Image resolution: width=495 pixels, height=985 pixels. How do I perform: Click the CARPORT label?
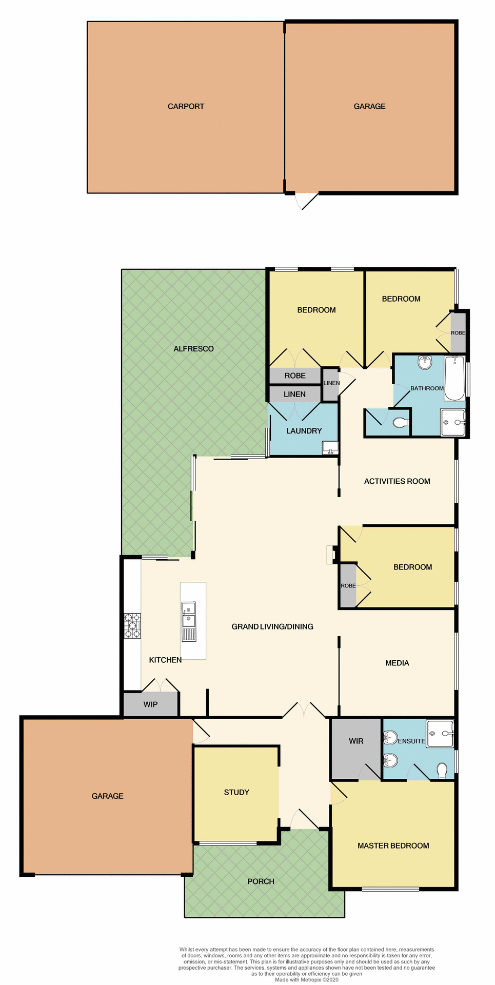coord(186,107)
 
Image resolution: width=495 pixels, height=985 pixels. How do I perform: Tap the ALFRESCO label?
coord(193,349)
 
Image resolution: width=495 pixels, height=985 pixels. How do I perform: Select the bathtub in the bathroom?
coord(454,378)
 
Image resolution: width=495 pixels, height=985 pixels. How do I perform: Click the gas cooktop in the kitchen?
coord(132,626)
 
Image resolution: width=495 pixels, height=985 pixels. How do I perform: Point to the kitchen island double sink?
coord(189,615)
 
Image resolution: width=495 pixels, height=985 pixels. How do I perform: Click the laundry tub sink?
coord(330,448)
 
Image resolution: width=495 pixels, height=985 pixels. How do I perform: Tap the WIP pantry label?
coord(150,704)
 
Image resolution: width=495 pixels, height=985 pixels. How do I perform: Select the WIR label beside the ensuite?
coord(356,741)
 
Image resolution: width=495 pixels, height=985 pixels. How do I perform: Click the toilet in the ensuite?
coord(442,770)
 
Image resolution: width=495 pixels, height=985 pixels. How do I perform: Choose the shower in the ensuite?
coord(440,733)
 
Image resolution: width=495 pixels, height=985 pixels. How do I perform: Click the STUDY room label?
coord(236,792)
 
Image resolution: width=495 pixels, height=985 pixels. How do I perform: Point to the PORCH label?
coord(261,881)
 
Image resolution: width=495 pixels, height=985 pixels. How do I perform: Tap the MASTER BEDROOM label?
coord(393,845)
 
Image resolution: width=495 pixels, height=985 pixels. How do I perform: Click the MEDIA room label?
coord(397,663)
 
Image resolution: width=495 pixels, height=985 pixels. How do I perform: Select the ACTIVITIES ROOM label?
coord(397,481)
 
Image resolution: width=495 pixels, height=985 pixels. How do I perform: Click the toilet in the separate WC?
coord(400,423)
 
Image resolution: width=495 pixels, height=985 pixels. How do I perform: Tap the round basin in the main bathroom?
coord(425,363)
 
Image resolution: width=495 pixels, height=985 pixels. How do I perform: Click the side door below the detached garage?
coord(307,201)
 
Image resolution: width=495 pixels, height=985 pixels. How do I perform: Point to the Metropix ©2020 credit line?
coord(307,979)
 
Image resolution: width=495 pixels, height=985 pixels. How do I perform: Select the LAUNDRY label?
coord(304,431)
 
